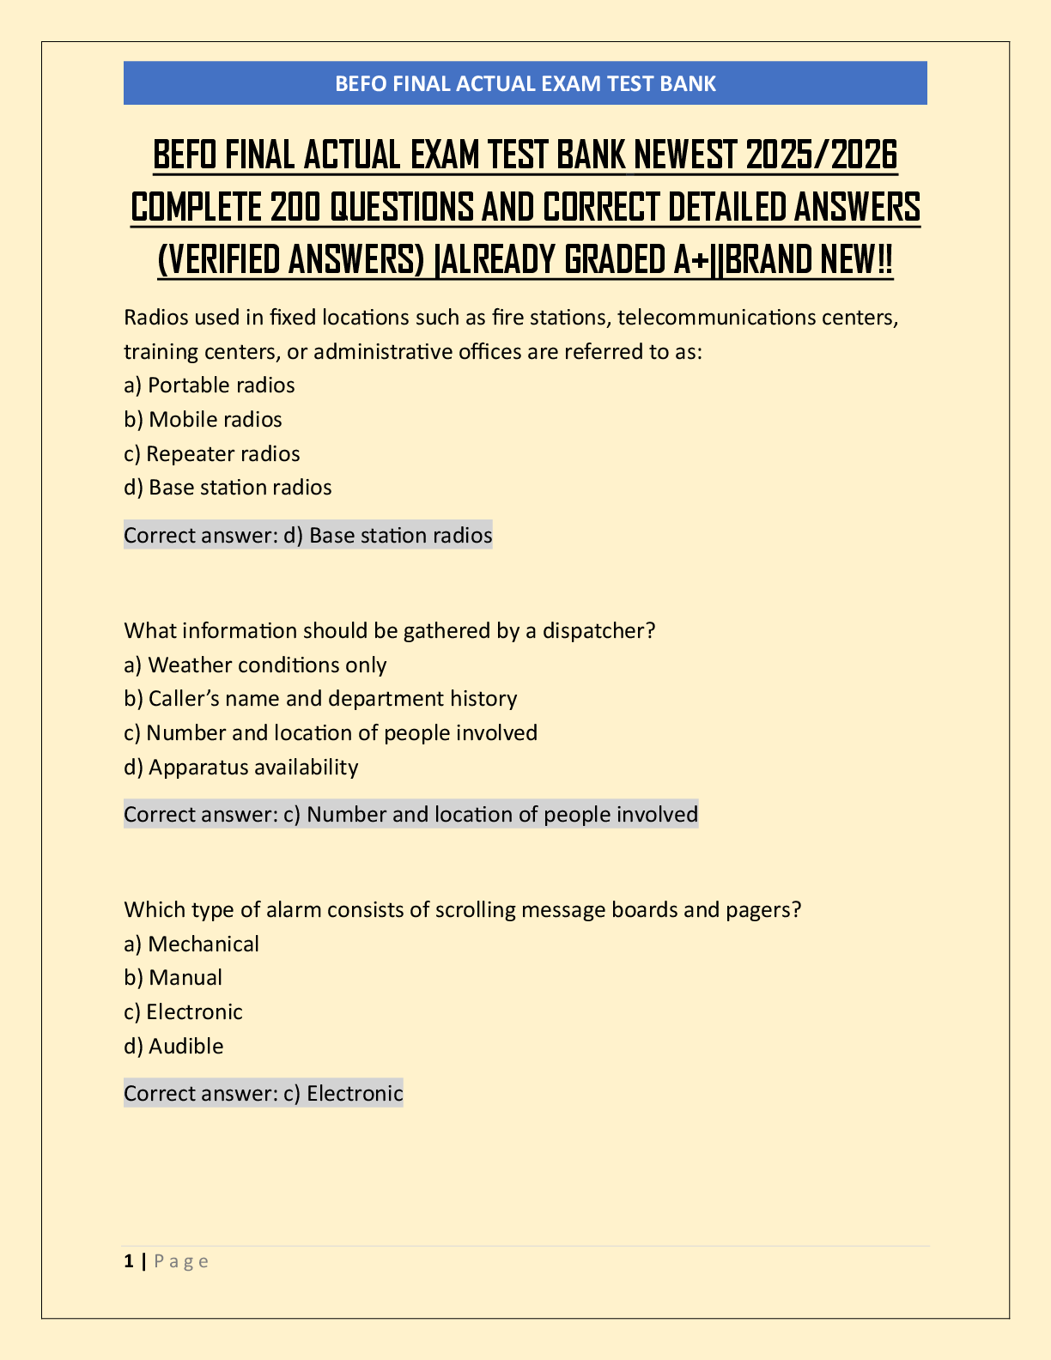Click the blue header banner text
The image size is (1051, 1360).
525,83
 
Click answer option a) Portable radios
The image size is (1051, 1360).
210,386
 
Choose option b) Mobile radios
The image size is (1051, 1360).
203,420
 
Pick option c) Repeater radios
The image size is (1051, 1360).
212,453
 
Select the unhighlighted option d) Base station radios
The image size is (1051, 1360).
228,488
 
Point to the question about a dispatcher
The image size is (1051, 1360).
390,631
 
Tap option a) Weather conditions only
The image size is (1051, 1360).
255,665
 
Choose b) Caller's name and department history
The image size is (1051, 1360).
320,699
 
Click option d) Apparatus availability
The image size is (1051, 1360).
240,767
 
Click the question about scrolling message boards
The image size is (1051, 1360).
462,910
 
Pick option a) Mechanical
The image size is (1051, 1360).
191,944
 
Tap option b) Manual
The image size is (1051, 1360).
173,978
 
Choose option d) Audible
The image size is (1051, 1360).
173,1047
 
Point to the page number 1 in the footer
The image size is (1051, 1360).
129,1261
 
